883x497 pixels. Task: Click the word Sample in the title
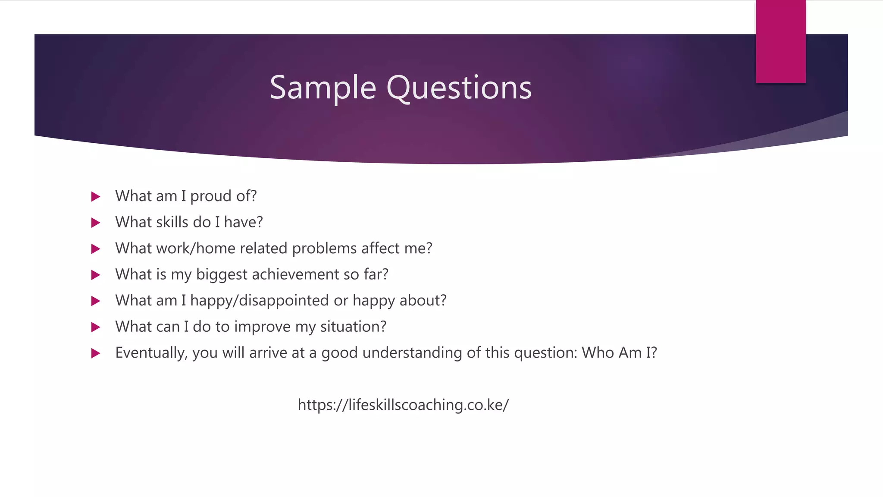323,88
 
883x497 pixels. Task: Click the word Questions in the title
459,88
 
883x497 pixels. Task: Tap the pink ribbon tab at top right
780,41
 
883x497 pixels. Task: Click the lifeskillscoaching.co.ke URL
403,405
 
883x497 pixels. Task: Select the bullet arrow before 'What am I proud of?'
96,197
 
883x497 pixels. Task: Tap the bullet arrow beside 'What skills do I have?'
96,223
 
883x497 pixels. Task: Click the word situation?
353,327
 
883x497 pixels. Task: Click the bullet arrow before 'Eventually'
96,353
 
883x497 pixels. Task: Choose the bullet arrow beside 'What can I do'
96,327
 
